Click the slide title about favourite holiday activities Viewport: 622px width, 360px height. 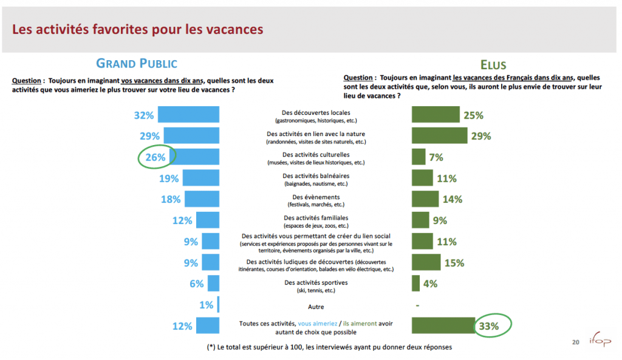click(138, 29)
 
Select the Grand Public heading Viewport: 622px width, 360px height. click(137, 63)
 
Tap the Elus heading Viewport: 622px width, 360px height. click(493, 65)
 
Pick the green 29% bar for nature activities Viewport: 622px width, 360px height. click(439, 135)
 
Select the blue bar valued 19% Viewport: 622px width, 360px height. click(200, 178)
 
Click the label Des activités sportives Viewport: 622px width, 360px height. click(315, 283)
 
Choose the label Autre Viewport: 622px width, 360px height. click(316, 307)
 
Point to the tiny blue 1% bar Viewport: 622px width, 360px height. click(217, 305)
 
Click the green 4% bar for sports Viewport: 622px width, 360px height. click(415, 284)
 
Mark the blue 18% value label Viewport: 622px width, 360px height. click(171, 199)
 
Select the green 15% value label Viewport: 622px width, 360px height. click(454, 263)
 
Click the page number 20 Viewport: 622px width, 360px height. click(575, 342)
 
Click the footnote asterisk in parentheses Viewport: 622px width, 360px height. click(211, 347)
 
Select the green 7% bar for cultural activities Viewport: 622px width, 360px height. click(418, 157)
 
